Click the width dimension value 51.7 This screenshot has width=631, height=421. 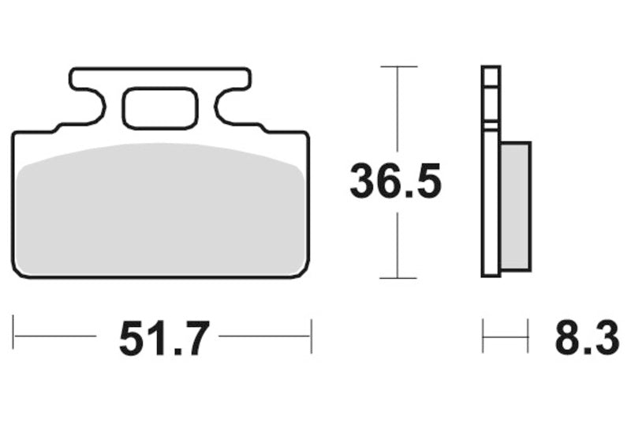[x=164, y=339]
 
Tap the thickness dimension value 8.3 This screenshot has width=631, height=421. [x=585, y=339]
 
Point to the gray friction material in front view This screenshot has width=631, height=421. [x=161, y=209]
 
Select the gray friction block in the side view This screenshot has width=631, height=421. [x=515, y=205]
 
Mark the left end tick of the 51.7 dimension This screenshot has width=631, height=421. [x=14, y=336]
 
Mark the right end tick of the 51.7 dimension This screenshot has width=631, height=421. [x=312, y=336]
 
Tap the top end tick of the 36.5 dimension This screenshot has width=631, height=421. [x=398, y=67]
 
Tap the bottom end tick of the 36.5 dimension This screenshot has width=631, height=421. [x=398, y=278]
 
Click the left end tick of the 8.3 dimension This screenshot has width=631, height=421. [x=483, y=336]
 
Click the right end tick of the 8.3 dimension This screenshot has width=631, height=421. [x=528, y=336]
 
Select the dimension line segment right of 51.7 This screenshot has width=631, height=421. [x=264, y=336]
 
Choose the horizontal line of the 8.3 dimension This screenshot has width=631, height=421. [x=505, y=336]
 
